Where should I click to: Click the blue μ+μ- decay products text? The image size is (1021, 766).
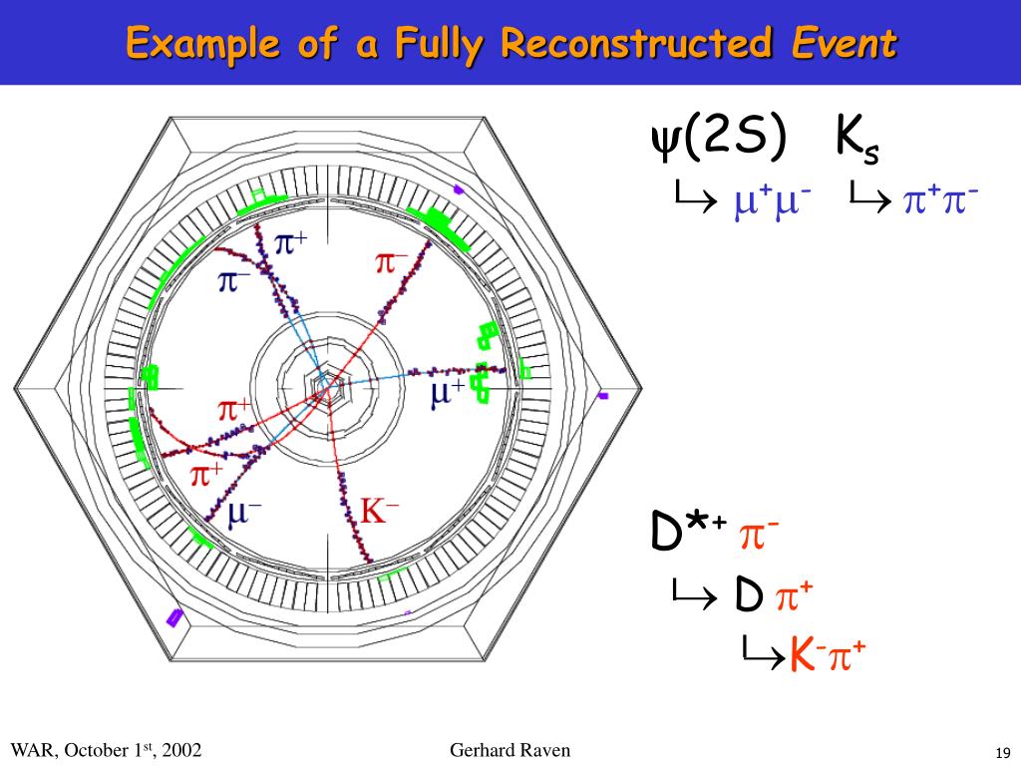pos(771,200)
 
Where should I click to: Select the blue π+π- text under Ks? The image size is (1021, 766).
pos(939,200)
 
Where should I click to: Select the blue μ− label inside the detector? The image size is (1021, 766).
pos(245,514)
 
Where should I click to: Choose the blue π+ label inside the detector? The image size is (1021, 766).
pos(290,240)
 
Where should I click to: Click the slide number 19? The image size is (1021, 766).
pos(1002,751)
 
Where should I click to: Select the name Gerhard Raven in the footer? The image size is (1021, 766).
pos(510,750)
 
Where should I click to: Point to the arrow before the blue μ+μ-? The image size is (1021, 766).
pos(691,201)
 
